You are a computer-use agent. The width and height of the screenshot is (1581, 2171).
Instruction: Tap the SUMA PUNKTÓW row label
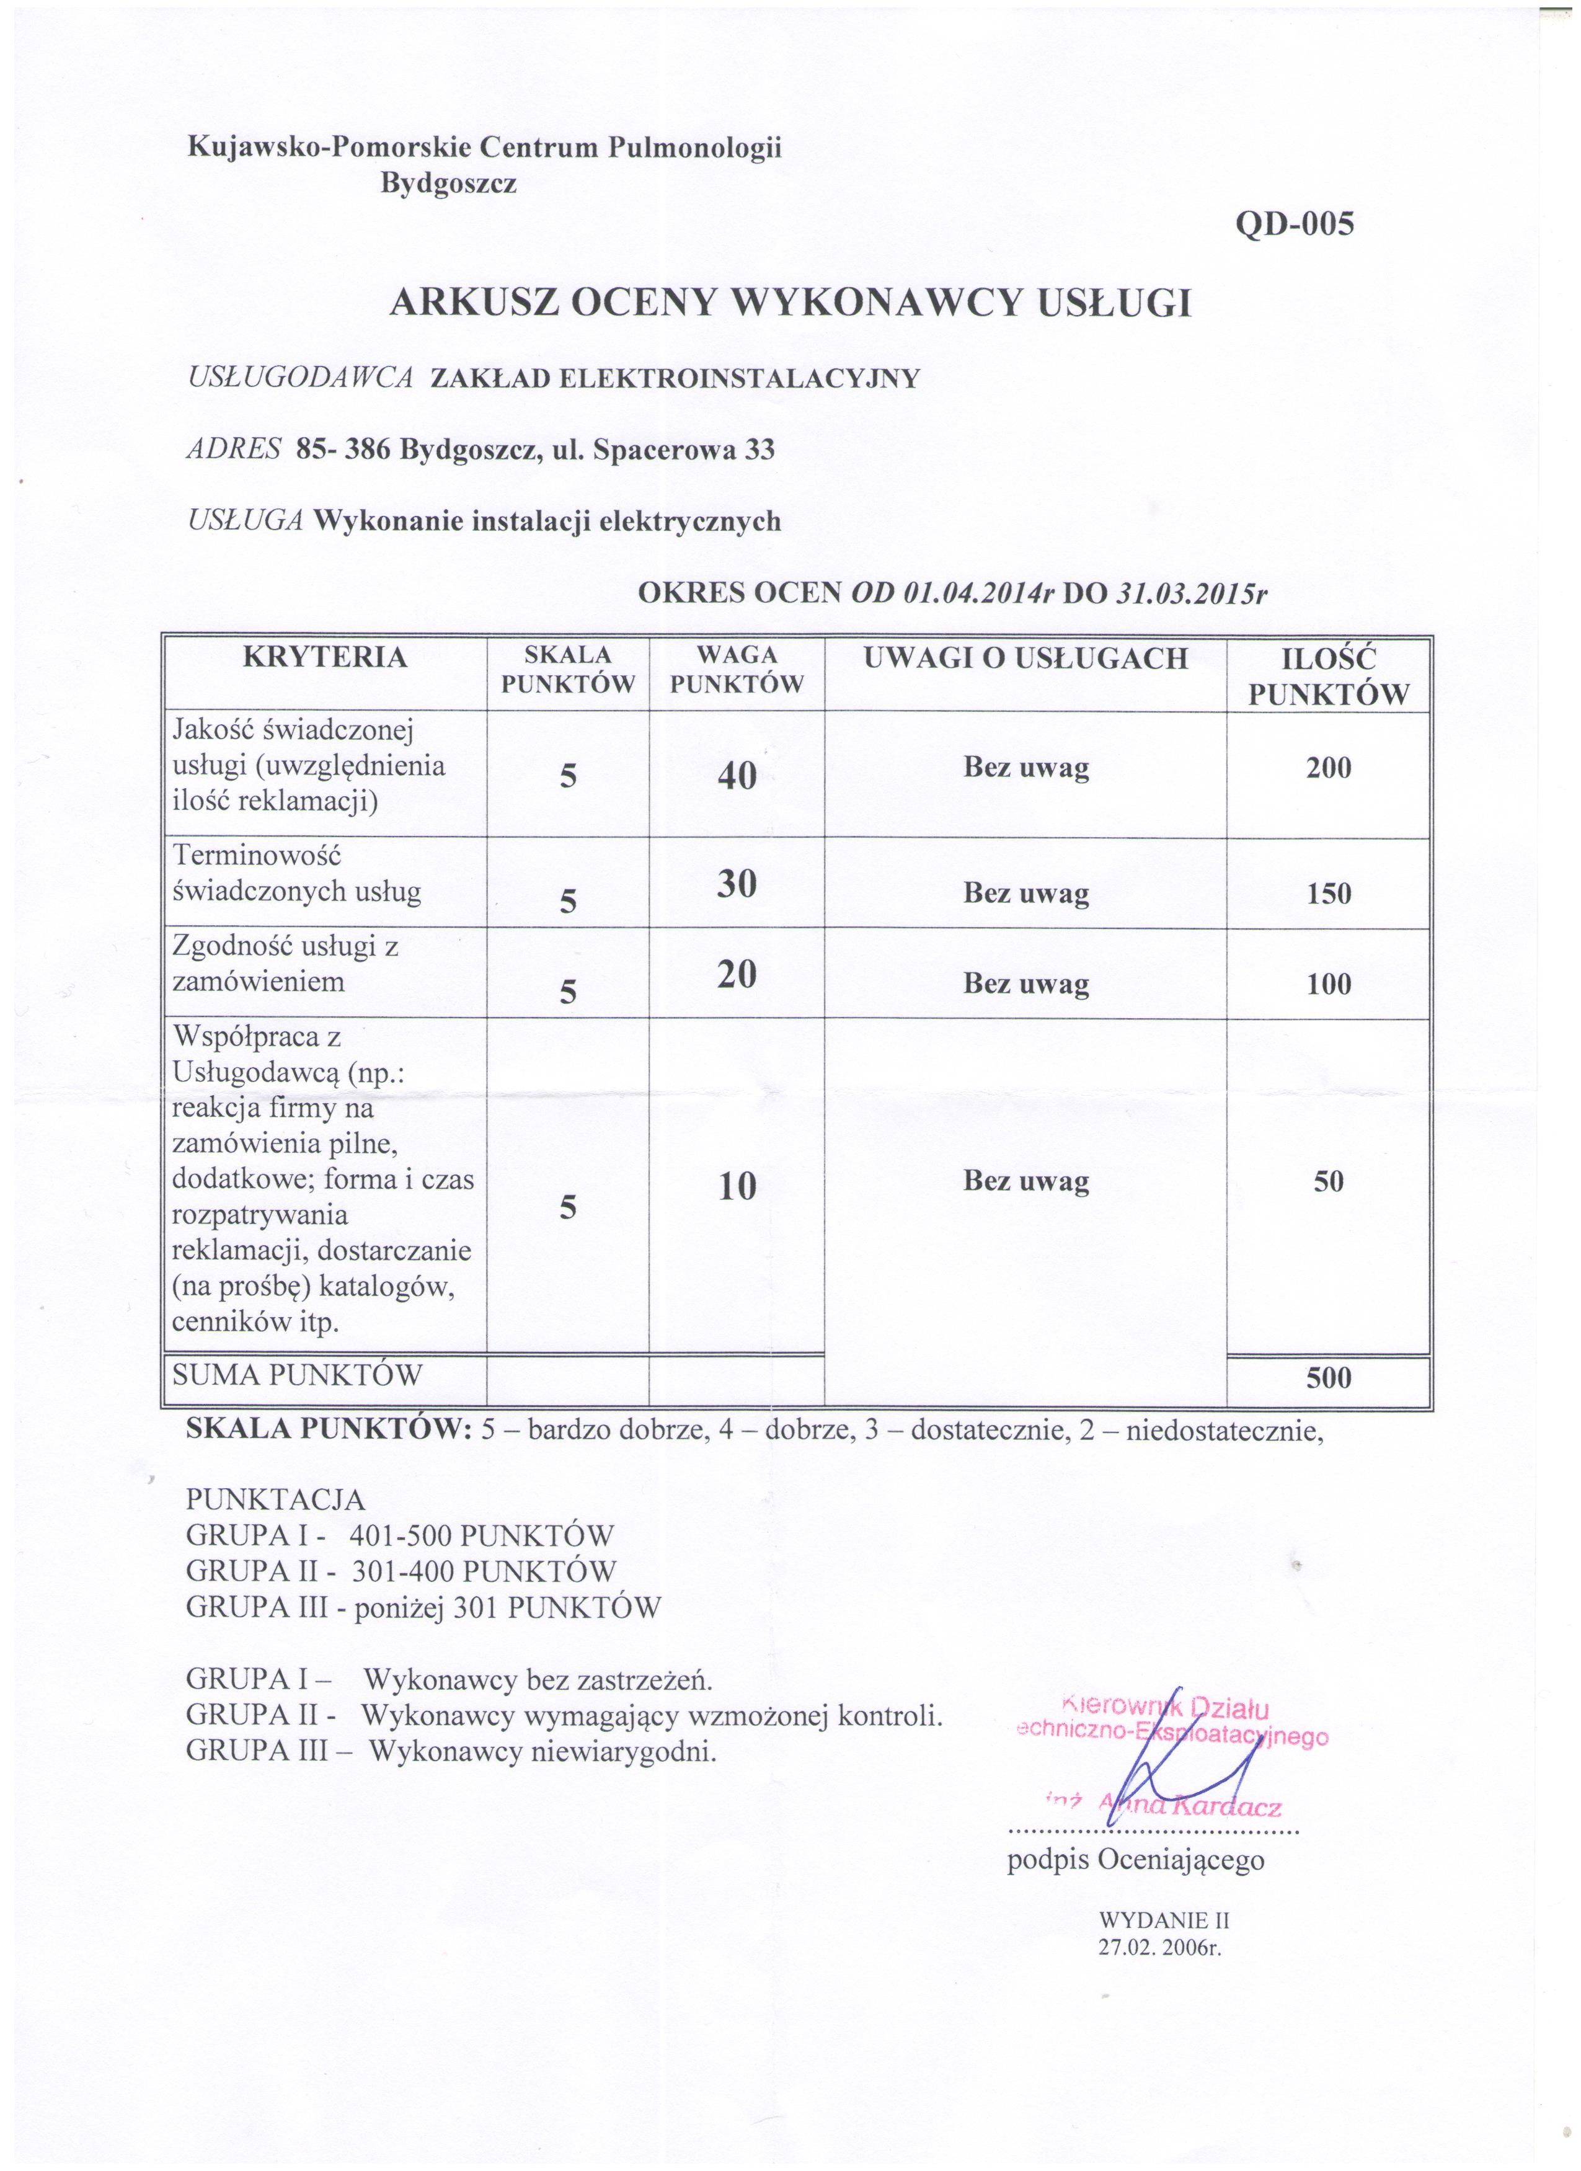point(298,1377)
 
